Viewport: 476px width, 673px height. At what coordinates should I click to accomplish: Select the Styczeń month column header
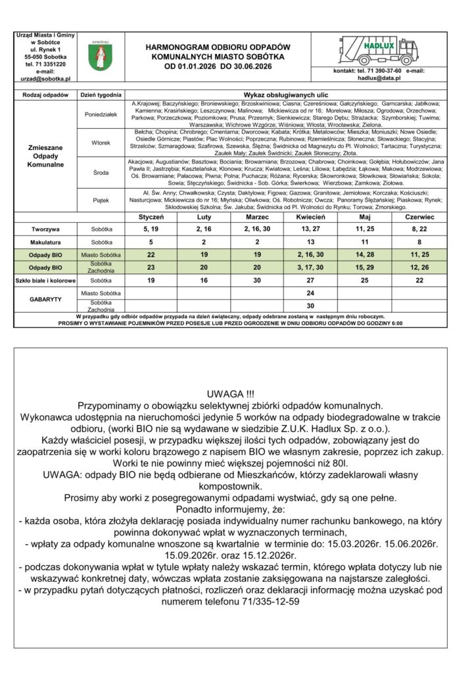[151, 216]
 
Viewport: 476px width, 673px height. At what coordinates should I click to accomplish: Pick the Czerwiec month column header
[419, 216]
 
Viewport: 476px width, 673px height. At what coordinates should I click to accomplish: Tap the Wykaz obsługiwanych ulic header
[286, 95]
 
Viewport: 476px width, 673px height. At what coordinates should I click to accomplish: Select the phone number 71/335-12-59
[262, 601]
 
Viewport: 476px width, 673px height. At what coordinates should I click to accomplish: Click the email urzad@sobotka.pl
[46, 78]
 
